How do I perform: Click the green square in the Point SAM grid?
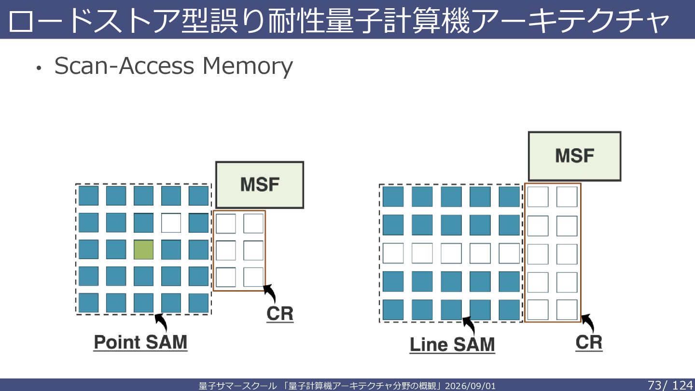143,250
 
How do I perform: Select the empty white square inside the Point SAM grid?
171,223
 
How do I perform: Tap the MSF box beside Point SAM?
260,185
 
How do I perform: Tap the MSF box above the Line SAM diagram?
575,156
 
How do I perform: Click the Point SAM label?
140,342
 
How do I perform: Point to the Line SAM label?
452,345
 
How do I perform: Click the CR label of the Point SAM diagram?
280,314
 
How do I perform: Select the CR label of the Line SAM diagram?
589,342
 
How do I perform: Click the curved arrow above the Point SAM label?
163,321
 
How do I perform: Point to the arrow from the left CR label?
271,293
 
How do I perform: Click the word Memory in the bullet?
248,66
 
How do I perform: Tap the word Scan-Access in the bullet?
124,66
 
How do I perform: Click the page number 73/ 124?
670,385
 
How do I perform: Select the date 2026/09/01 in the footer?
471,386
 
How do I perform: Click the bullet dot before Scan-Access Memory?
39,68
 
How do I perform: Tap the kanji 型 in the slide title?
196,20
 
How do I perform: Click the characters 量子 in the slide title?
354,20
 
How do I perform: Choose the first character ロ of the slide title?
21,21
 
